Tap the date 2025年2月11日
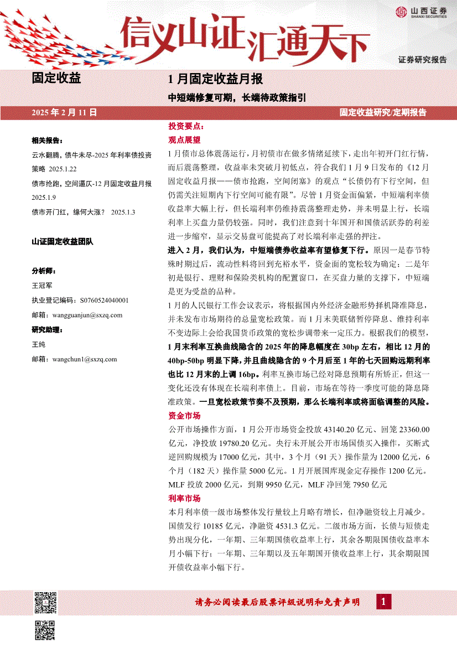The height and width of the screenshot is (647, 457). [65, 112]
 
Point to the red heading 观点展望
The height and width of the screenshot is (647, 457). [184, 140]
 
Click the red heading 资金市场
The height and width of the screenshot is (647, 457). [184, 416]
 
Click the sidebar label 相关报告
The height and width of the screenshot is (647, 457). [48, 141]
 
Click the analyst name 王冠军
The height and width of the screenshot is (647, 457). [42, 286]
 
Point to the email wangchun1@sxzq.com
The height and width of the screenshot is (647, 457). [84, 359]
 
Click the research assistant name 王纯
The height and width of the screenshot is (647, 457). [38, 344]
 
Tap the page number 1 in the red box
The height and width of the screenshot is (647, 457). [383, 602]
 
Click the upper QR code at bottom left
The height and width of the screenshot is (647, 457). [46, 602]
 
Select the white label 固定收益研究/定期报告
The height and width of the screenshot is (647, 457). [383, 112]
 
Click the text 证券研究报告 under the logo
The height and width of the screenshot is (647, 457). [422, 59]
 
